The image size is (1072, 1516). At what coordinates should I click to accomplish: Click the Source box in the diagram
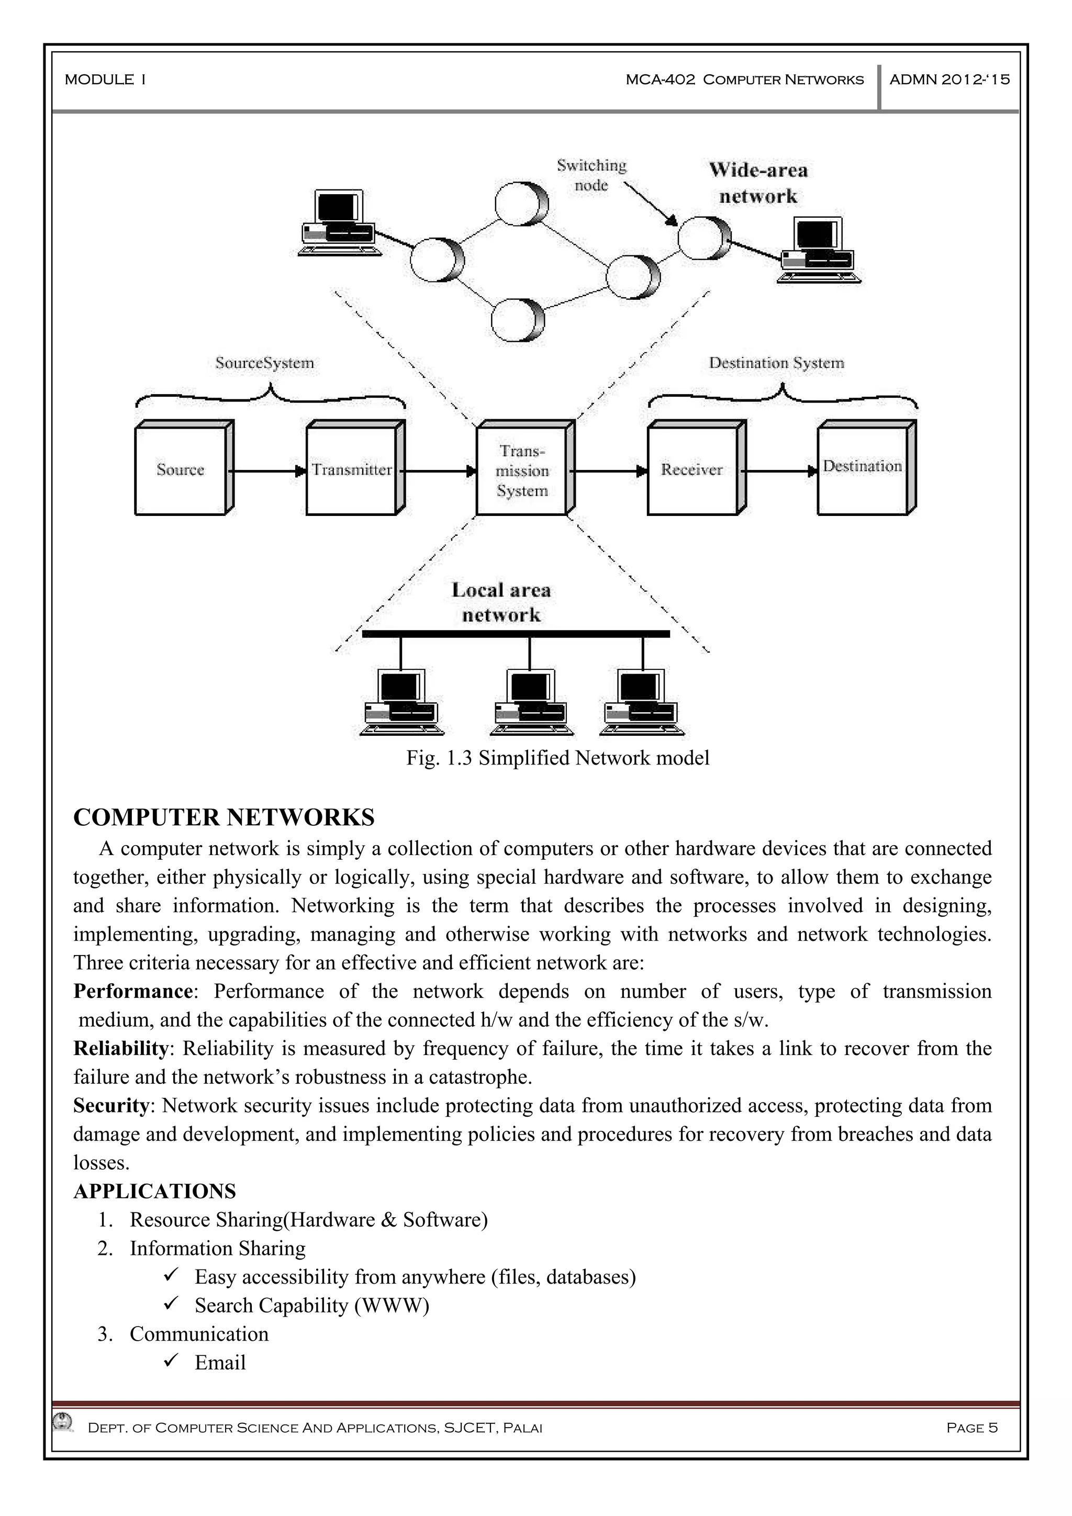coord(182,469)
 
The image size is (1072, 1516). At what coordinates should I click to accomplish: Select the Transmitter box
coord(352,469)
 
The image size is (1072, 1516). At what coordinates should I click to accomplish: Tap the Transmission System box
coord(522,469)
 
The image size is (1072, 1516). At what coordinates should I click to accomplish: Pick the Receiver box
coord(692,469)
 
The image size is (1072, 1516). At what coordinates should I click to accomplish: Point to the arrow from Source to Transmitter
coord(267,471)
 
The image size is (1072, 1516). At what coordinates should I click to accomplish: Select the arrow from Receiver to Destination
coord(779,471)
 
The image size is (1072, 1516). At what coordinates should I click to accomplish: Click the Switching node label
coord(591,175)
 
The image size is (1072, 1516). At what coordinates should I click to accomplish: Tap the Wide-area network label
coord(758,183)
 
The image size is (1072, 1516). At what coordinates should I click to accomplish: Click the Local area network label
coord(501,602)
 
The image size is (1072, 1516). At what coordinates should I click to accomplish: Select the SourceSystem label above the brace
coord(265,363)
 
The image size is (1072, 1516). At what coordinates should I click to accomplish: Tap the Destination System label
coord(777,363)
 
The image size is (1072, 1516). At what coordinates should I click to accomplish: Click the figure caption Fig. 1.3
coord(557,758)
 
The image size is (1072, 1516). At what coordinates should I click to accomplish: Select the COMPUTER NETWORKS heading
coord(224,817)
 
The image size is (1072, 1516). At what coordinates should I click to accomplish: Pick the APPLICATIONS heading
coord(154,1191)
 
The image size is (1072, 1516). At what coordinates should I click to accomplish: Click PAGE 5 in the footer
coord(971,1428)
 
